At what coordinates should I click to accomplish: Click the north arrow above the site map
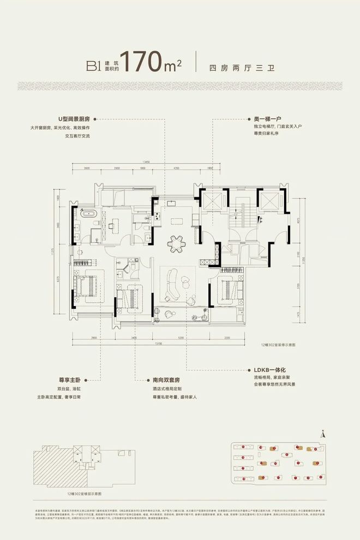click(323, 434)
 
